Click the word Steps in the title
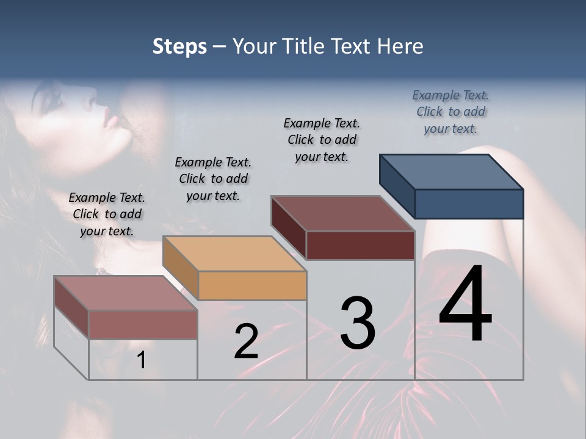pyautogui.click(x=179, y=46)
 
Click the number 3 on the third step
pyautogui.click(x=358, y=323)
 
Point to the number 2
pyautogui.click(x=246, y=341)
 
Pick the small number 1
pyautogui.click(x=142, y=360)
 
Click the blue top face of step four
pyautogui.click(x=452, y=171)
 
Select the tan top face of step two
pyautogui.click(x=234, y=253)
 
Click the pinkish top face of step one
pyautogui.click(x=126, y=293)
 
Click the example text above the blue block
pyautogui.click(x=450, y=112)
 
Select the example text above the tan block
pyautogui.click(x=213, y=179)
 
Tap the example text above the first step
pyautogui.click(x=107, y=214)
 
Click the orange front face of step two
pyautogui.click(x=253, y=285)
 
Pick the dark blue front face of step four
pyautogui.click(x=469, y=204)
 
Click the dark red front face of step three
pyautogui.click(x=360, y=245)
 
